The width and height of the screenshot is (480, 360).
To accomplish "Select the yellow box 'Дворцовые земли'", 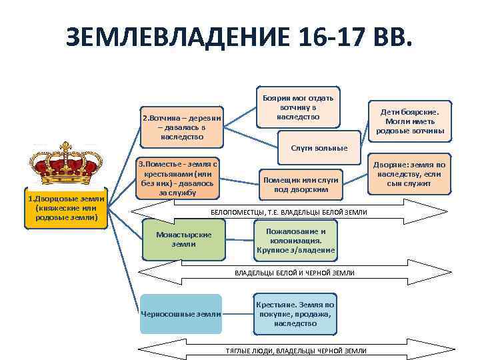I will pyautogui.click(x=66, y=208).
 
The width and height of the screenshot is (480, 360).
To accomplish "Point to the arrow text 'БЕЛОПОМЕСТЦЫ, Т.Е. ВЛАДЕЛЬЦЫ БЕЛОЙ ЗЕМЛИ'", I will pyautogui.click(x=289, y=211).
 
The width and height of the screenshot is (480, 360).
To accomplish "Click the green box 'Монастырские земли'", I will pyautogui.click(x=183, y=239).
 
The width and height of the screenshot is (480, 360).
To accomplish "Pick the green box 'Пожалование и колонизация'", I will pyautogui.click(x=296, y=241).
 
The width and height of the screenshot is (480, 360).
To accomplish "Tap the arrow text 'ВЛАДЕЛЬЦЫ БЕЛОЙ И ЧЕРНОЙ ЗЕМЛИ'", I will pyautogui.click(x=294, y=273).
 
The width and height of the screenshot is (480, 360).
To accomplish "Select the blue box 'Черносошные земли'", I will pyautogui.click(x=181, y=313).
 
